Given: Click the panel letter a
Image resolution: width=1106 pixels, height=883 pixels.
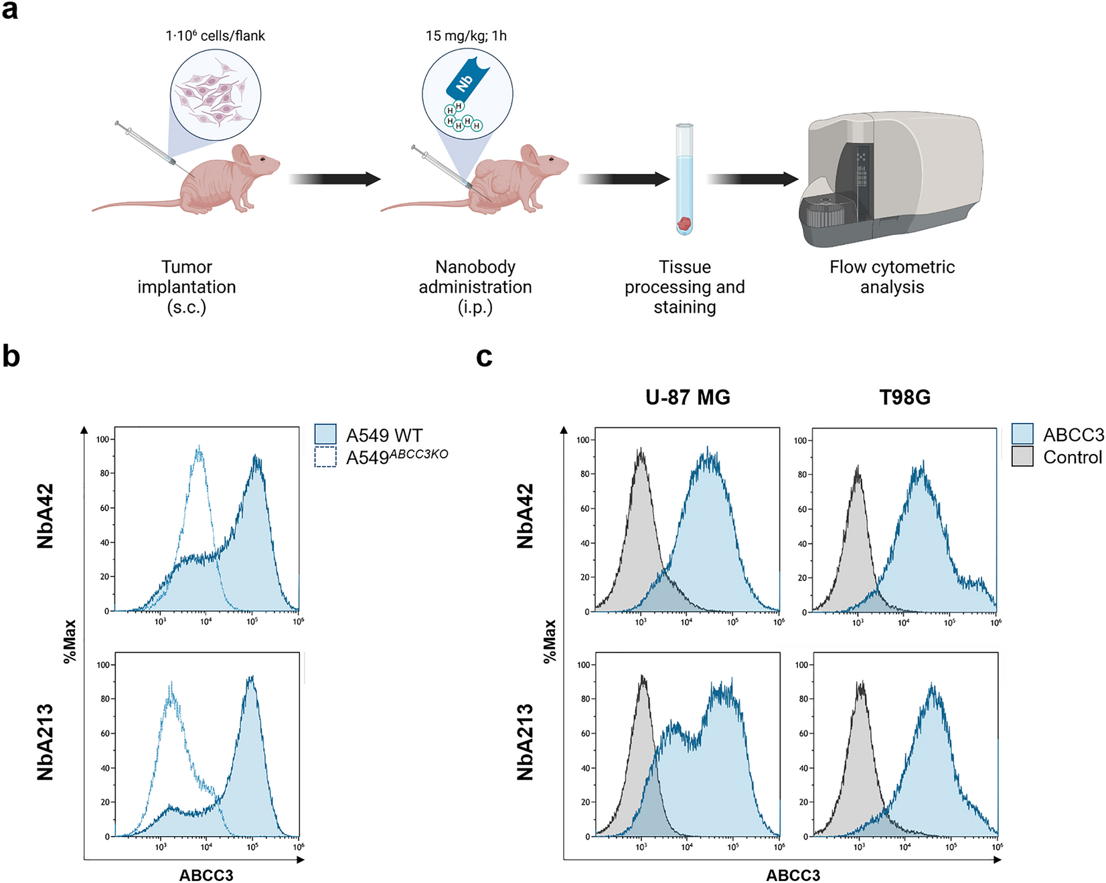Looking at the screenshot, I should coord(10,11).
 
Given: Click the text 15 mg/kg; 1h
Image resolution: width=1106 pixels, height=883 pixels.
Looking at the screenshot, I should coord(466,36).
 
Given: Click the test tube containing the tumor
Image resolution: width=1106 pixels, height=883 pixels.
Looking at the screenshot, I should coord(684,179).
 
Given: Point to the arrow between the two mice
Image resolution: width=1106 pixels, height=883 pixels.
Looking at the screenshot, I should coord(335,179).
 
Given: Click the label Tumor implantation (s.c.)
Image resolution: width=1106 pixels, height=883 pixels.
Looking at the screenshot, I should coord(187,287).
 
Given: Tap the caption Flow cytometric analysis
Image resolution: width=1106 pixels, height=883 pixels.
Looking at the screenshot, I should coord(892,276).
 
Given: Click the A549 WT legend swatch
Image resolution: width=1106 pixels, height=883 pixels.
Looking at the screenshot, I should coord(325,434).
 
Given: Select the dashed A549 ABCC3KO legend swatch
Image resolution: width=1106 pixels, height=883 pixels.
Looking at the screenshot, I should coord(325,457).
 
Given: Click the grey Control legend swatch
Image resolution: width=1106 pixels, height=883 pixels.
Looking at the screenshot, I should coord(1022,457).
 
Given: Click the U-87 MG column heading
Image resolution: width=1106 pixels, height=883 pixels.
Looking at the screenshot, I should coord(688,398).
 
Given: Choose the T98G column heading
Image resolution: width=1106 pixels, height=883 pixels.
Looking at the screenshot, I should coord(904,398).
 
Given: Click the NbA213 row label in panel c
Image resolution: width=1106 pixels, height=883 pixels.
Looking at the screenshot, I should coord(526,742).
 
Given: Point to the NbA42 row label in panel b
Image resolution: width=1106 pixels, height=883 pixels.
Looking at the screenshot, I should coord(46,516).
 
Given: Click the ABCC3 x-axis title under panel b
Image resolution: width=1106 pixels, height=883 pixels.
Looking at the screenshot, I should coord(206,875).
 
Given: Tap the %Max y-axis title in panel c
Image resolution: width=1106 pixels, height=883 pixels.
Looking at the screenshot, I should coord(550,641).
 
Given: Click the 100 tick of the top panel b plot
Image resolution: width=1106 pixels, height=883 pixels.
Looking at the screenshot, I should coord(102,440).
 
